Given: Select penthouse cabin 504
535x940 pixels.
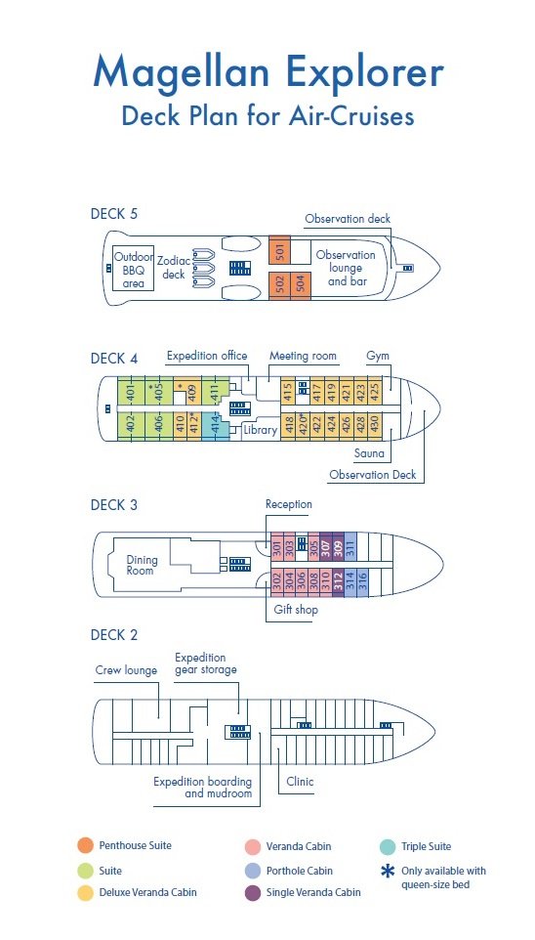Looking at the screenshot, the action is click(x=300, y=283).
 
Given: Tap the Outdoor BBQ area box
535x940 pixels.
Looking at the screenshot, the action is click(x=134, y=268).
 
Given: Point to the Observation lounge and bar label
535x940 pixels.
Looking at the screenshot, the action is click(x=346, y=268).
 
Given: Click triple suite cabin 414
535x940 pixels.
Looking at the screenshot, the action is click(x=216, y=426).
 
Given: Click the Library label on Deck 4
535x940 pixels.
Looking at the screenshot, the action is click(x=260, y=430).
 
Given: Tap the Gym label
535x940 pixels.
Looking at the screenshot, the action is click(x=378, y=356).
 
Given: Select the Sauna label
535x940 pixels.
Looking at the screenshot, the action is click(x=369, y=453).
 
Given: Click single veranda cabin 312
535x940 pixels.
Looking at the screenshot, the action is click(x=338, y=581).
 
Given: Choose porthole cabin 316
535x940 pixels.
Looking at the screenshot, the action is click(x=362, y=581).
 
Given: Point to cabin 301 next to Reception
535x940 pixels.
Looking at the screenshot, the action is click(x=277, y=548).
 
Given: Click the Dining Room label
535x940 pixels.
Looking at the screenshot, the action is click(x=142, y=565).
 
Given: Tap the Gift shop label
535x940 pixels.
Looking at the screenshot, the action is click(x=296, y=610).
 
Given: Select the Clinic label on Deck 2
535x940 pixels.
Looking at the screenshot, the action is click(x=300, y=782).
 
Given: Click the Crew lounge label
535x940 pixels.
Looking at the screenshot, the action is click(x=126, y=670).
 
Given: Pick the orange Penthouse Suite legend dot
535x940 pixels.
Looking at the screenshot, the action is click(x=85, y=846).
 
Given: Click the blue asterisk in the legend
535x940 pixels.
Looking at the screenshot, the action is click(x=389, y=871).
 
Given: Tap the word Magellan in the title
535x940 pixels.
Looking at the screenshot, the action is click(x=182, y=72).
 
